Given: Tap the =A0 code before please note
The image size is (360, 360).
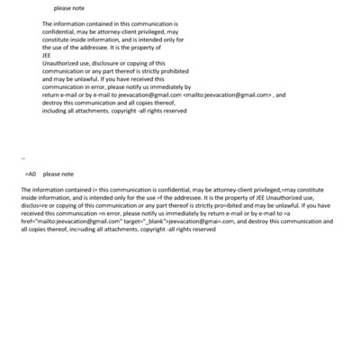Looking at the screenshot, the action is coord(30,173).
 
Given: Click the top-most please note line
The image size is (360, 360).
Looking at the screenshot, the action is coord(68,8).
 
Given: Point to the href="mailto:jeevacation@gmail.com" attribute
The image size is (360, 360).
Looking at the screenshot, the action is coord(68,222).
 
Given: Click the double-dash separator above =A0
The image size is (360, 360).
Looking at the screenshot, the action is coord(22,157).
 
